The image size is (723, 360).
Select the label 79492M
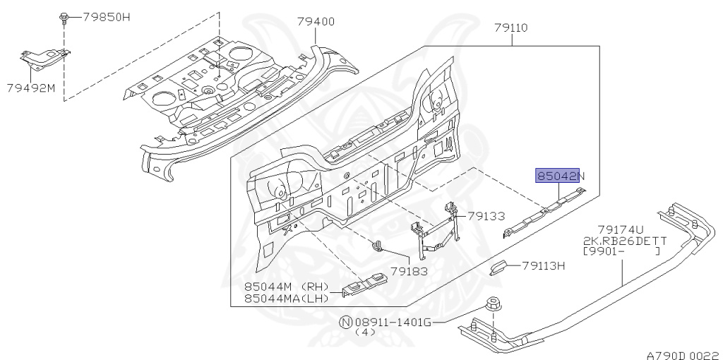[31, 88]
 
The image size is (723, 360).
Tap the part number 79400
[316, 22]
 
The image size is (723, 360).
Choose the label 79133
[486, 216]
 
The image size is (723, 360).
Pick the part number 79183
[410, 270]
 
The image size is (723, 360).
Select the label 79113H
[544, 266]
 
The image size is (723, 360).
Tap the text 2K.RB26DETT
[625, 240]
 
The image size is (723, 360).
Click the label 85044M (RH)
[287, 287]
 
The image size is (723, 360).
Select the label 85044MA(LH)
[287, 298]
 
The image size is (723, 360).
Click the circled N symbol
[345, 322]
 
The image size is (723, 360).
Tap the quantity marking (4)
[365, 332]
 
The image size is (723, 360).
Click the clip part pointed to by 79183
[376, 247]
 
